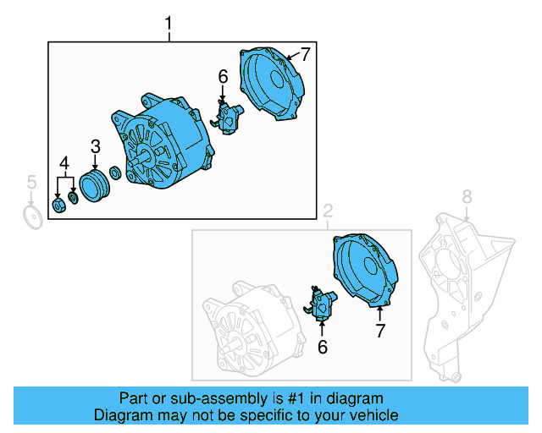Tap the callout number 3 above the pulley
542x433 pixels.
95,146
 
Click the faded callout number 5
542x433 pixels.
31,182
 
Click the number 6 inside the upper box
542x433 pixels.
223,77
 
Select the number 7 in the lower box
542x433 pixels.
379,330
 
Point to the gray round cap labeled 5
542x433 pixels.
32,217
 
